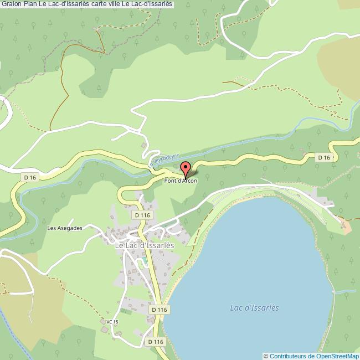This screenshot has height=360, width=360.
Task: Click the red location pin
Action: pyautogui.click(x=186, y=168)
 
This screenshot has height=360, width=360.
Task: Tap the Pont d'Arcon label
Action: pyautogui.click(x=181, y=181)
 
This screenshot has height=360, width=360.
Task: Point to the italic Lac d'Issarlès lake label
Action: pyautogui.click(x=254, y=308)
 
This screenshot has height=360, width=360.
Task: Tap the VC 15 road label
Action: pyautogui.click(x=112, y=322)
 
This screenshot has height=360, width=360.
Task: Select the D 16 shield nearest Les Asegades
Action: pyautogui.click(x=30, y=177)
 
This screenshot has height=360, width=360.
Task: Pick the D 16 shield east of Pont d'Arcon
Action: pyautogui.click(x=324, y=158)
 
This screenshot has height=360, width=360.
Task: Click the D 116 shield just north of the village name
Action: pyautogui.click(x=142, y=214)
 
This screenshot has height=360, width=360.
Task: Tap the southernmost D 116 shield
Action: pyautogui.click(x=156, y=342)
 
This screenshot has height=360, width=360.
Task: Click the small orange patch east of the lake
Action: pyautogui.click(x=347, y=225)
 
